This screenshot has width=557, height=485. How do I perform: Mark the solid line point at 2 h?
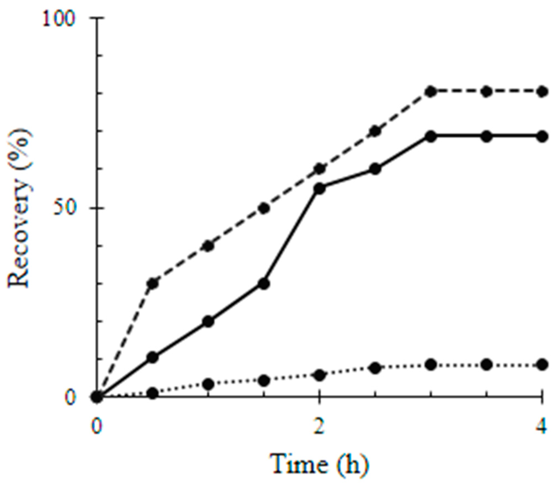click(319, 189)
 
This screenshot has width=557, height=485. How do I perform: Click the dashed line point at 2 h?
click(319, 169)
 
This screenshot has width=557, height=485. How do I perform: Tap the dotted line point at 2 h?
click(319, 375)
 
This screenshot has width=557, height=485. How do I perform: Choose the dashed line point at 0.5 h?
click(153, 283)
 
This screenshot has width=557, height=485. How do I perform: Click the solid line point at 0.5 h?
click(153, 357)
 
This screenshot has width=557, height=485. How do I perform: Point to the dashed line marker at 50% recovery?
click(264, 208)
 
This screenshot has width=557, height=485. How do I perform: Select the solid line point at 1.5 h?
click(264, 283)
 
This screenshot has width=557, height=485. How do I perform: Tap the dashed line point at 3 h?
click(431, 92)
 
